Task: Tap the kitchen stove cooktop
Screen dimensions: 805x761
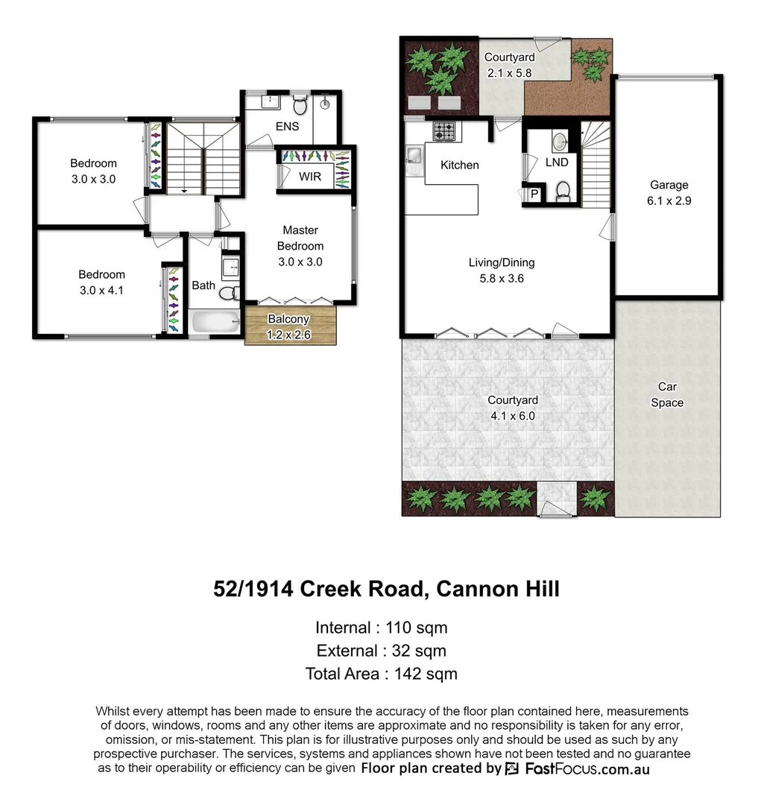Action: point(445,132)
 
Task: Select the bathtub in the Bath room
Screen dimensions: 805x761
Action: point(214,322)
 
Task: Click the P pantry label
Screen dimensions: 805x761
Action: point(534,194)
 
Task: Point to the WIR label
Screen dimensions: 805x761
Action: point(310,177)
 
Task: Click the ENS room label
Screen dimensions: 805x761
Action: point(287,126)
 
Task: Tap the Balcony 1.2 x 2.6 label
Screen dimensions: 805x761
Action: point(289,327)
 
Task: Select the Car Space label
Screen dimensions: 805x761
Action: point(667,394)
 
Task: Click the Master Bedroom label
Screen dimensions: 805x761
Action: point(300,245)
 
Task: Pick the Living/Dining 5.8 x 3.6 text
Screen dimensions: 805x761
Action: point(501,270)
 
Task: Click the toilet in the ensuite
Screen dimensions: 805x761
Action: point(300,102)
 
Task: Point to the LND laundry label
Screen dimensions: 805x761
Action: point(556,162)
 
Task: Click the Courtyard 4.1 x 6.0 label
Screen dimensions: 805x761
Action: point(514,408)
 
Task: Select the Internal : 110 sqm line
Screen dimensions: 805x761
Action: point(381,627)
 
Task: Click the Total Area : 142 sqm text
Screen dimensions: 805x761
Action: point(381,673)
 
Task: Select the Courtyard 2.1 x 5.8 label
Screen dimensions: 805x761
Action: point(509,65)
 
